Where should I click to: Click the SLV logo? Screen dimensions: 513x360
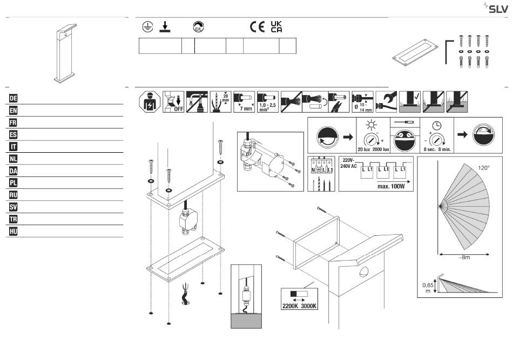pos(496,8)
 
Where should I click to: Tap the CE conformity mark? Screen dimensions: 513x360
pos(257,27)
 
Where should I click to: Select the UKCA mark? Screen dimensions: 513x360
pos(276,27)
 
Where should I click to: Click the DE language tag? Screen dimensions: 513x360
pos(13,98)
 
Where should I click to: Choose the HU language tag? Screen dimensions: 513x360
pos(13,232)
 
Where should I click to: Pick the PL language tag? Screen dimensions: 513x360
pos(13,183)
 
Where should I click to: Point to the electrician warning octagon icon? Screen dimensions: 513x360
pos(150,102)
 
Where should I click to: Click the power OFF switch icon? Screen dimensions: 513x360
pos(173,102)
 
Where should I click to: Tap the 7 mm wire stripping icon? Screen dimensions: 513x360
pos(244,102)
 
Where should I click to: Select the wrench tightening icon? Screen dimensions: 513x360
pos(386,102)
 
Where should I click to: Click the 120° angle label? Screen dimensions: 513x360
pos(484,168)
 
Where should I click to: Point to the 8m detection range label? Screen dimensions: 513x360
pos(464,257)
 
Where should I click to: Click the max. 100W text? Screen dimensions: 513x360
pos(391,186)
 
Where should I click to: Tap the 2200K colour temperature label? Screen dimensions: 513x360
pos(290,306)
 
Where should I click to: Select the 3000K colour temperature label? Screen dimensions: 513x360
pos(308,306)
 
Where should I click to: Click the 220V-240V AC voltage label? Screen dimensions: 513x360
pos(348,163)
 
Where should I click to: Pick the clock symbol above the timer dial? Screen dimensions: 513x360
pos(437,125)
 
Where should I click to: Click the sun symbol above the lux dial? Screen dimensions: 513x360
pos(372,125)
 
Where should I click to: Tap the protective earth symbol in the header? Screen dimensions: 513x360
pos(148,27)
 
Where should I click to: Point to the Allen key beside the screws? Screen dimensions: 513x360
pos(447,52)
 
